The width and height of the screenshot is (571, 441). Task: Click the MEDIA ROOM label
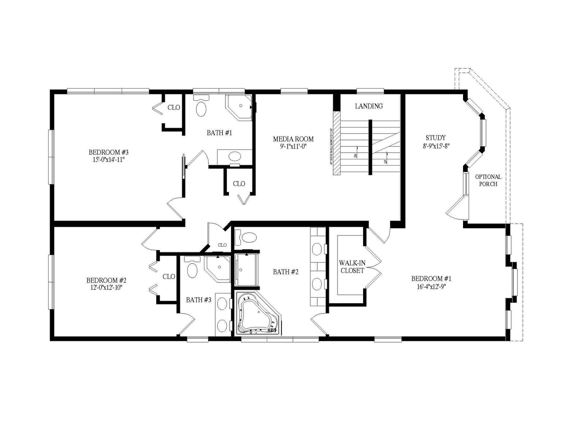[293, 139]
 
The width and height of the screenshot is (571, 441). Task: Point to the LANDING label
[369, 106]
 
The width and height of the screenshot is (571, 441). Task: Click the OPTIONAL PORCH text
[488, 180]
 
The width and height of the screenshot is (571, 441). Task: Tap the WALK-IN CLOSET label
[352, 267]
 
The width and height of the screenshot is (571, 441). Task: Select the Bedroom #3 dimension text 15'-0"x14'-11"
[109, 160]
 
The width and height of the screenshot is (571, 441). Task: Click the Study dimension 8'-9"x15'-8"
[436, 146]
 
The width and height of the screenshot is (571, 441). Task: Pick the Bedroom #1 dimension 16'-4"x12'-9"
[431, 286]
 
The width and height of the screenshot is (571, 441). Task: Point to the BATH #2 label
[285, 272]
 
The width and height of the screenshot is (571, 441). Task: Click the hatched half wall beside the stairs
[337, 143]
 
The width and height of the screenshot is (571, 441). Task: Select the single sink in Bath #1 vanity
[235, 156]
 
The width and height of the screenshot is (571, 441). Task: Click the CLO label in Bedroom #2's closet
[169, 277]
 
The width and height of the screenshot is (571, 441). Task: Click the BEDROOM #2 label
[106, 280]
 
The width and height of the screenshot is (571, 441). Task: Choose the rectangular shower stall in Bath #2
[247, 270]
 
